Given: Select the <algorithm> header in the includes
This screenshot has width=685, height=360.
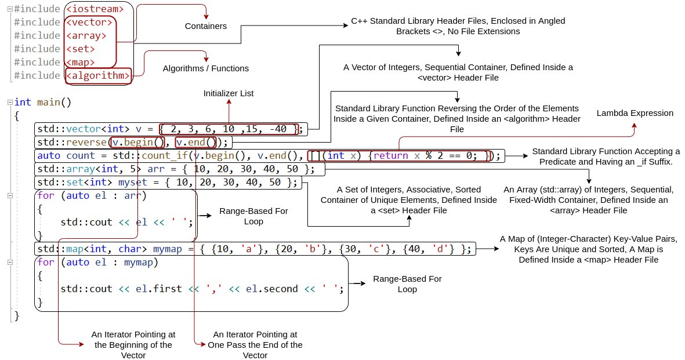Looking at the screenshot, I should coord(97,75).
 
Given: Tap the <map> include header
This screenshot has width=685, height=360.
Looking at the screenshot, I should coord(80,62).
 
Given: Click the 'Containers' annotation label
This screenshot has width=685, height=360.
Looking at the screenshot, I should coord(205,26).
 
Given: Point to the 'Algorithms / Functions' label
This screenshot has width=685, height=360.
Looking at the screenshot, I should coord(205,68).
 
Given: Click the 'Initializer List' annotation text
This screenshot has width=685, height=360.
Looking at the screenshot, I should coord(228,93).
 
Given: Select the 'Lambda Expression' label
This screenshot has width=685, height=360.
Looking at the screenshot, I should coord(635,113).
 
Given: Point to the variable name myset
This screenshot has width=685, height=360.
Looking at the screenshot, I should coord(134,183).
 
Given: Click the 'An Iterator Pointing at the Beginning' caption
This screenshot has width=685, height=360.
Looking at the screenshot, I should coord(133,345).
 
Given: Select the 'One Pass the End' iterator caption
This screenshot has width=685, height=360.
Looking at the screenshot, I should coord(255,345).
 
